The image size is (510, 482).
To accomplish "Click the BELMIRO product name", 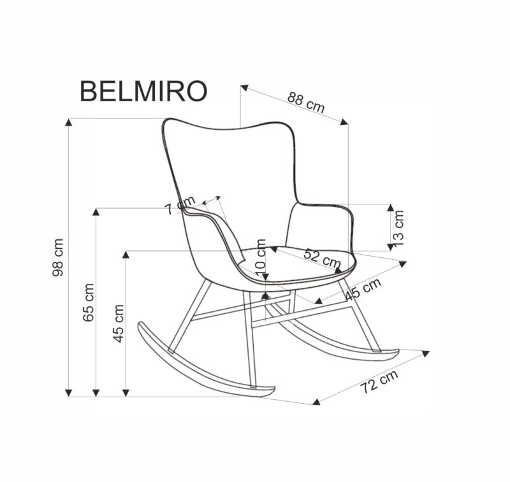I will pos(143,91).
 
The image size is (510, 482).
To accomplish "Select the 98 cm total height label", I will pos(59,257).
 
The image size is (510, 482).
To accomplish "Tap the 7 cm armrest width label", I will pos(171,208).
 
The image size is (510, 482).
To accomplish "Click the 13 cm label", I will pos(398,227).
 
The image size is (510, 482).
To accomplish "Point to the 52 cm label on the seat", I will pos(322,257).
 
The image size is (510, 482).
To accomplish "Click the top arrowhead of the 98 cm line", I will pos(69,123).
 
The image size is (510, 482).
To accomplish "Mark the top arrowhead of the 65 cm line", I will pos(96,213).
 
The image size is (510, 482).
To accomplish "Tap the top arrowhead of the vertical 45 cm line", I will pos(126,255).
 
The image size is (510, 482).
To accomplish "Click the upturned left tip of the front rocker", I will pos(142,326).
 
